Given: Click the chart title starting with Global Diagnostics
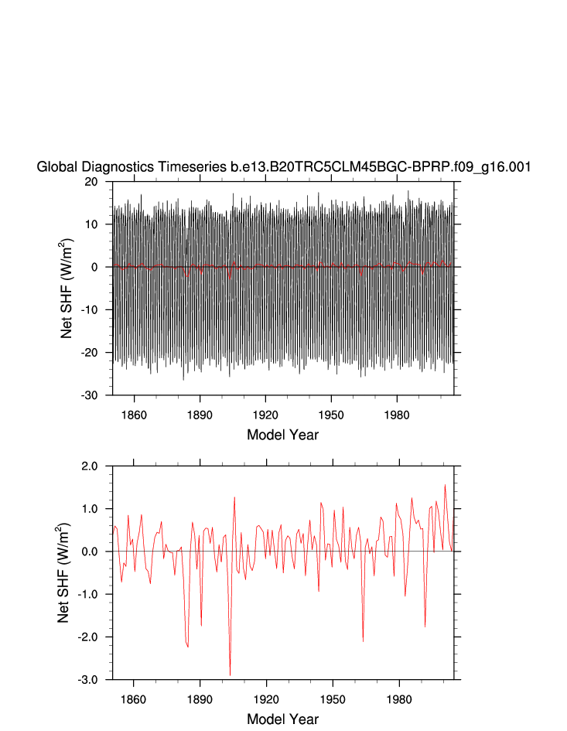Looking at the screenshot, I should point(283,166).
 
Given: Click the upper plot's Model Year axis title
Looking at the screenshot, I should point(283,434).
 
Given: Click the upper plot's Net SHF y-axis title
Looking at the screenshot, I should point(67,289).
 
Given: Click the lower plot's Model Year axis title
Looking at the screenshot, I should point(283,719).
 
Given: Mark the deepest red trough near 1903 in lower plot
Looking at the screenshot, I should point(230,675).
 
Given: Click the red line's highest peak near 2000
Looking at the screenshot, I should point(445,485).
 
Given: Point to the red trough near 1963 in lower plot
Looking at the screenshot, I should point(363,640).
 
